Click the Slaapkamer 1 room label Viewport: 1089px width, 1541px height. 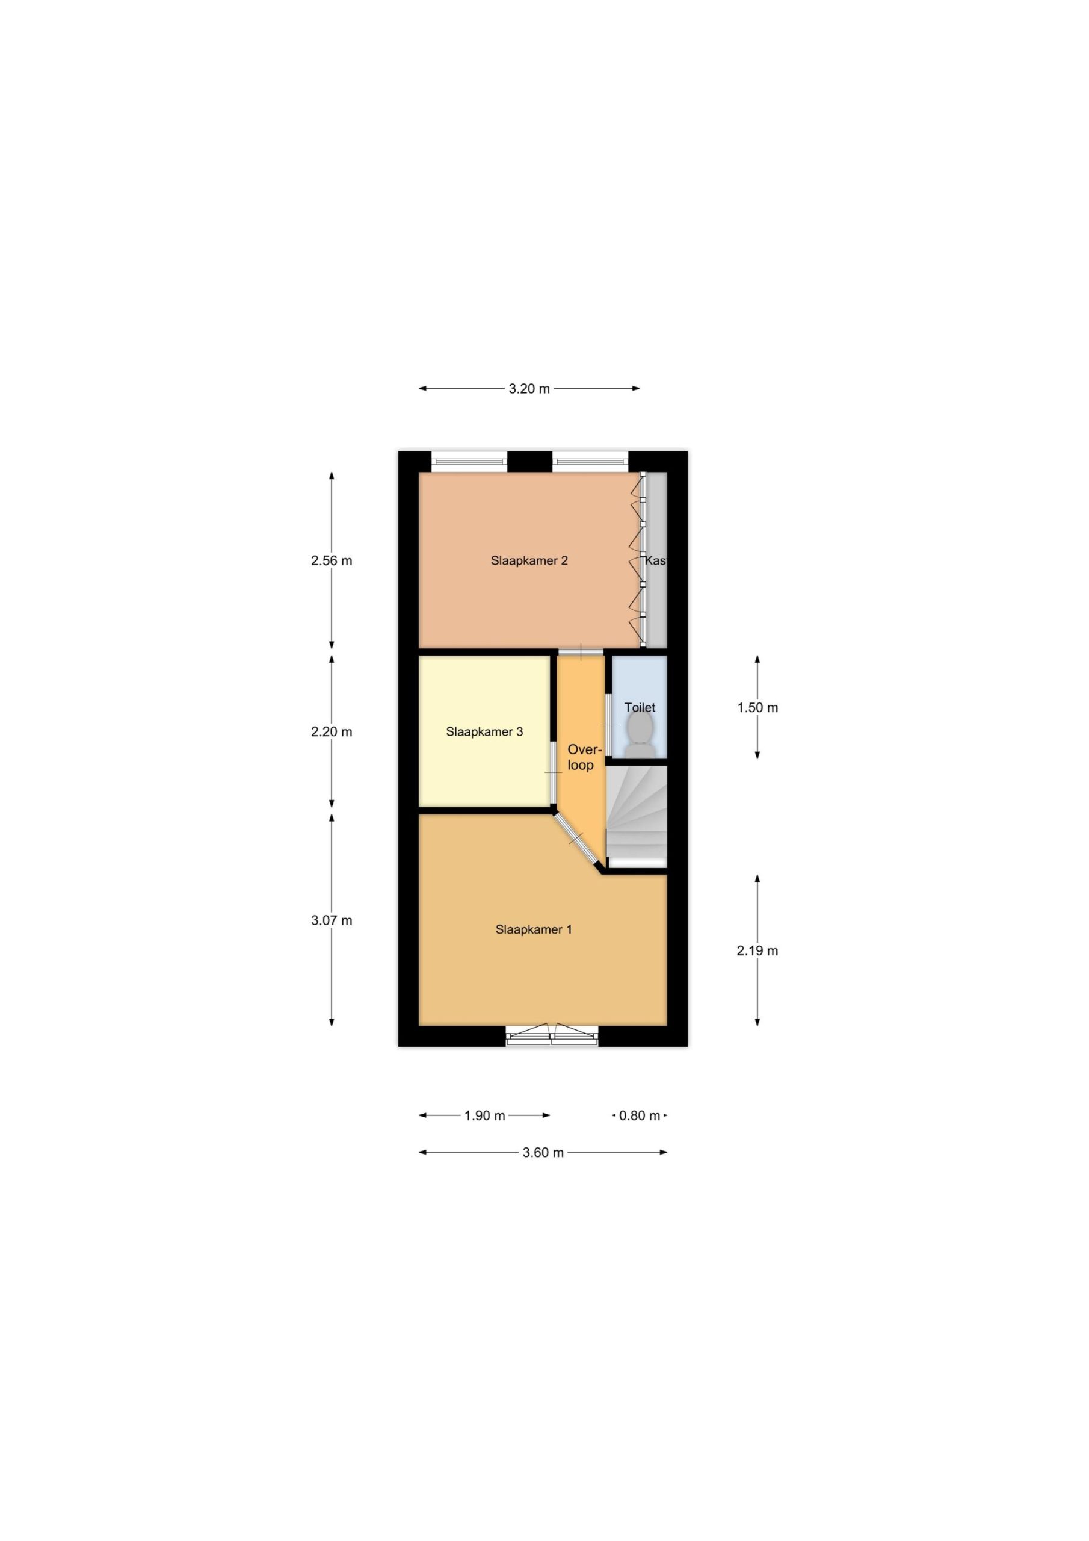534,929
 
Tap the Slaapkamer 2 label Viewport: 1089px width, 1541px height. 529,560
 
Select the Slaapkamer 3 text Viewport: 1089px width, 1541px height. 484,731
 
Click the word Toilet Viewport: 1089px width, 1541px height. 640,707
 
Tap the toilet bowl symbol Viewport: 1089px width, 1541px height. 641,734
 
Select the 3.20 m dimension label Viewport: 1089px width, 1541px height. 529,389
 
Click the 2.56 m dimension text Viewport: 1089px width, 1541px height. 332,560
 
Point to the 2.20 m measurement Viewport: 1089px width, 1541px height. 332,731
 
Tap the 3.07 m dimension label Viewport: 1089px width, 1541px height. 332,920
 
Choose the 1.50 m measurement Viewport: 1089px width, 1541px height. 757,707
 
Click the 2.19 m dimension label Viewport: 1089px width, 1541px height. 757,950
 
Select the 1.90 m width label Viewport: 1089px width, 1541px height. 484,1115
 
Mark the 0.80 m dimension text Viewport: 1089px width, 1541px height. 640,1115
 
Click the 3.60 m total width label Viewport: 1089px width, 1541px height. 543,1152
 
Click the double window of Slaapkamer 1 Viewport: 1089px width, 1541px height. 552,1035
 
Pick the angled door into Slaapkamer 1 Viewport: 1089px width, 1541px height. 576,839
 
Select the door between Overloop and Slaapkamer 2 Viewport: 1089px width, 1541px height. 581,652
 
